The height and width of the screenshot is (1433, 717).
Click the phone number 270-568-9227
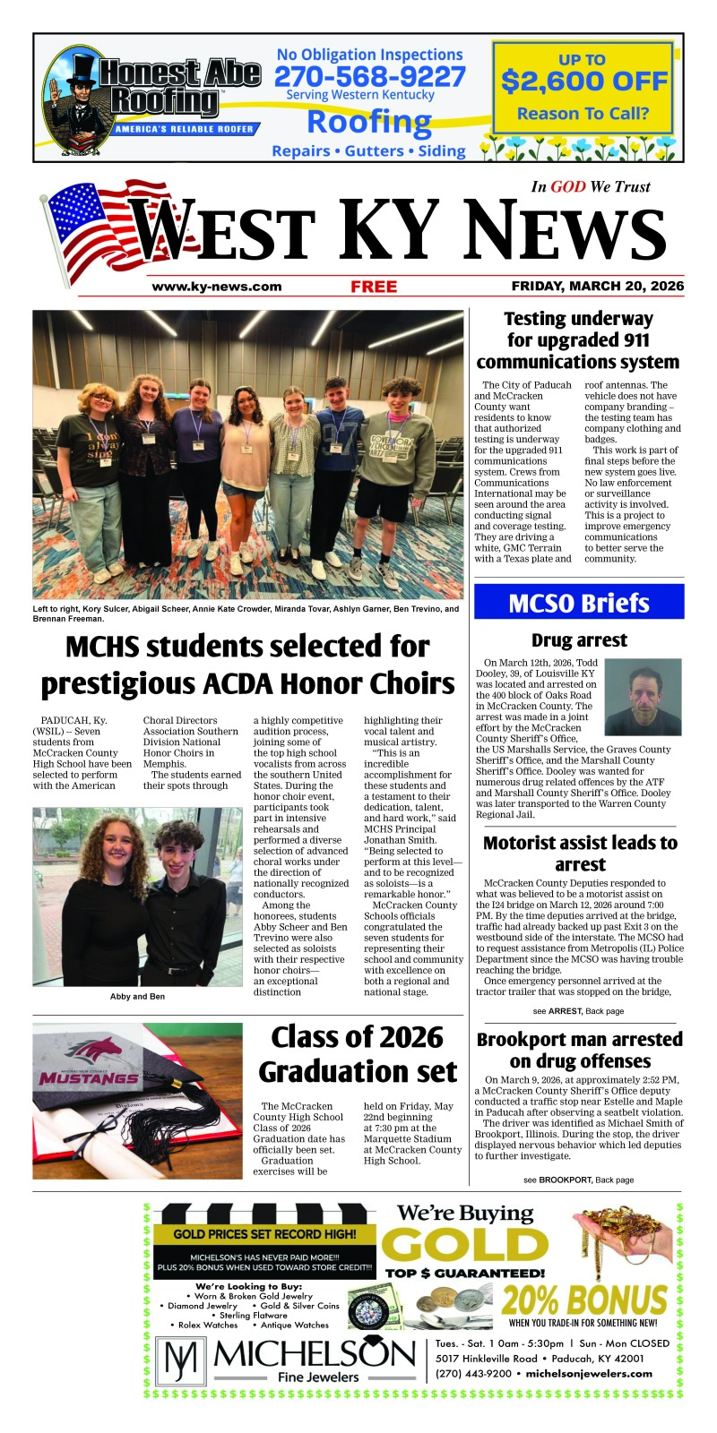pyautogui.click(x=369, y=77)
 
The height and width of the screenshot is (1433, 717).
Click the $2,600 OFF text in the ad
pyautogui.click(x=584, y=82)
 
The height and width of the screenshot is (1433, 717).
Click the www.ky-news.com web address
pyautogui.click(x=217, y=287)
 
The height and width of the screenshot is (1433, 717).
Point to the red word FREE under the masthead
pyautogui.click(x=374, y=287)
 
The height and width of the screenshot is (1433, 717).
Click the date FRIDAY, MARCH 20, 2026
pyautogui.click(x=597, y=287)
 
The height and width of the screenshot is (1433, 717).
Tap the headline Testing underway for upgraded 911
pyautogui.click(x=578, y=340)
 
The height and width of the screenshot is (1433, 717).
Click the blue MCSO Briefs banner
pyautogui.click(x=578, y=603)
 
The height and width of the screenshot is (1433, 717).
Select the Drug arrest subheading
pyautogui.click(x=579, y=640)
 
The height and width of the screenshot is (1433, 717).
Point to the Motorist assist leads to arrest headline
pyautogui.click(x=580, y=854)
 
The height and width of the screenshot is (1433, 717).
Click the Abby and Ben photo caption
pyautogui.click(x=137, y=996)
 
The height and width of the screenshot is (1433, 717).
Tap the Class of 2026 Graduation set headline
pyautogui.click(x=358, y=1054)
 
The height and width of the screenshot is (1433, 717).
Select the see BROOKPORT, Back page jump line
pyautogui.click(x=578, y=1180)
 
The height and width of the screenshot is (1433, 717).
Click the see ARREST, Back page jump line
pyautogui.click(x=578, y=1011)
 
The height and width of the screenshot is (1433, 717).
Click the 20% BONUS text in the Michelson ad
pyautogui.click(x=584, y=1300)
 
